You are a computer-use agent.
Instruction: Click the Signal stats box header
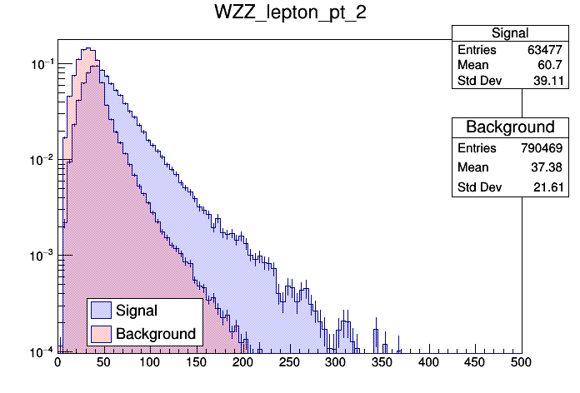coord(509,33)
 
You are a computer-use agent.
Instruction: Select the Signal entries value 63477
coord(547,50)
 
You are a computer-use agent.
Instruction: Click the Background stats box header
coord(509,127)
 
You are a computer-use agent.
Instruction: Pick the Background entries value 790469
coord(543,147)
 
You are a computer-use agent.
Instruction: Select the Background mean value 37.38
coord(550,167)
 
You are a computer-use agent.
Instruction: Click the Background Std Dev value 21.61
coord(550,188)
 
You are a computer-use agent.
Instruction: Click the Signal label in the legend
coord(137,311)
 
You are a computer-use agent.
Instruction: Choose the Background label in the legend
coord(156,334)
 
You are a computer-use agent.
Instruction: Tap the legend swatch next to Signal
coord(102,311)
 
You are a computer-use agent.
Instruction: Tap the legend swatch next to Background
coord(102,334)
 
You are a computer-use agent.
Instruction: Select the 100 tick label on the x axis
coord(150,363)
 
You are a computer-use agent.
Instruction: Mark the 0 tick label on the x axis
coord(57,363)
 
